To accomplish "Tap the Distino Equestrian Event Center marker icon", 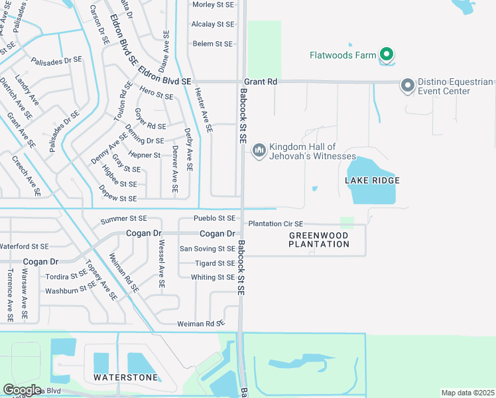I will (x=407, y=85).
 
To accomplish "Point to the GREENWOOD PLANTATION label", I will (x=319, y=239).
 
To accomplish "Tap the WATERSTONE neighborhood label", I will (x=126, y=377).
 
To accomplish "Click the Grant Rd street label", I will (x=262, y=81).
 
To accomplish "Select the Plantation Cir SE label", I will (x=275, y=224).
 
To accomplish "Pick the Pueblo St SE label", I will (x=214, y=218).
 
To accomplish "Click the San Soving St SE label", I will (x=208, y=249).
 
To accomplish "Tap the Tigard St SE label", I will (x=215, y=263).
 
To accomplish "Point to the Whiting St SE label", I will (x=213, y=277).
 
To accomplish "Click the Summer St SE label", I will (x=123, y=218).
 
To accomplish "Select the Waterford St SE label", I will (x=25, y=247).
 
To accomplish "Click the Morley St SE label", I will (x=214, y=5).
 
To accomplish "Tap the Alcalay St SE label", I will (x=213, y=24).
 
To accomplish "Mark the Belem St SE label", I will (x=212, y=44).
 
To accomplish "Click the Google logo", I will (x=22, y=390).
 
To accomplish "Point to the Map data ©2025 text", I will (x=467, y=393).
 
